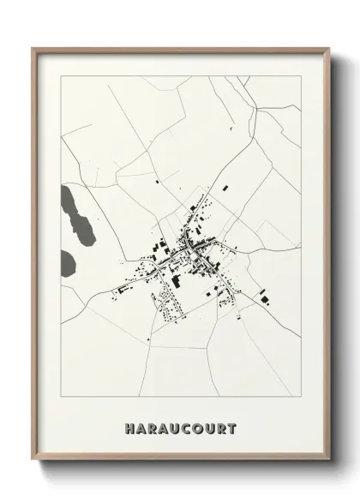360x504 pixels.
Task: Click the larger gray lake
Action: click(x=75, y=215)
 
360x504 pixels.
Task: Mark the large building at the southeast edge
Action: click(x=263, y=297)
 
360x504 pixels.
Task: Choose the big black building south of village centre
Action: click(x=177, y=280)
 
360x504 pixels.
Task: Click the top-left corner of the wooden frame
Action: click(x=32, y=48)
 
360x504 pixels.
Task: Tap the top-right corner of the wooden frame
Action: click(x=329, y=48)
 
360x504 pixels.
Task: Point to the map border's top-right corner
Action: click(x=301, y=75)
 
